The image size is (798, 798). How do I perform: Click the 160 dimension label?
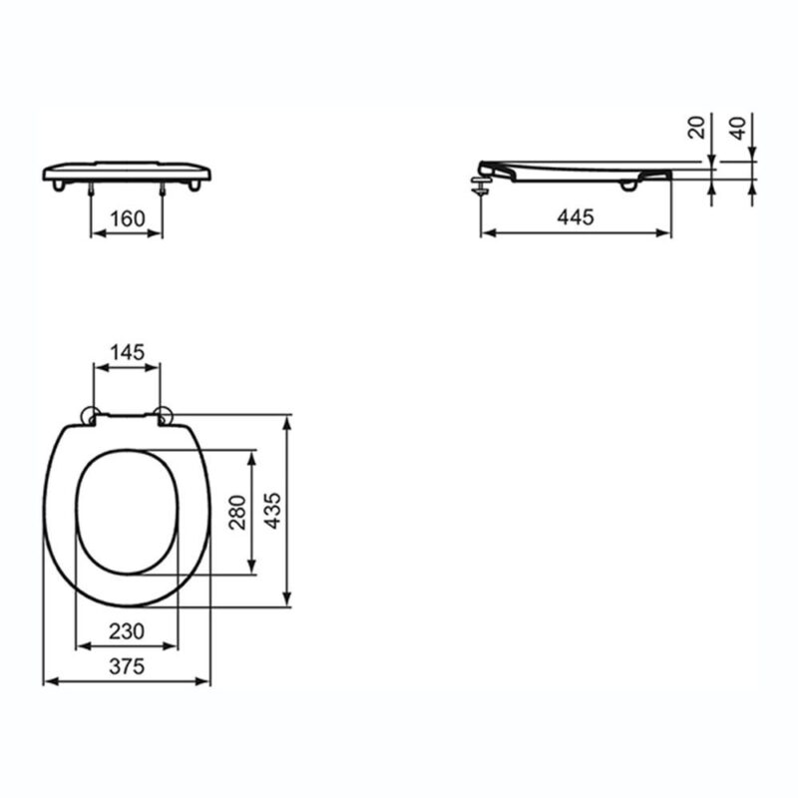[128, 218]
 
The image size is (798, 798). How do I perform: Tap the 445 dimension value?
[576, 217]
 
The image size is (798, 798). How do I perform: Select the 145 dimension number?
[128, 352]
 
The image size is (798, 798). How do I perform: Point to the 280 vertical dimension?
[237, 513]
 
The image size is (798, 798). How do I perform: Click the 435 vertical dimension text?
[272, 511]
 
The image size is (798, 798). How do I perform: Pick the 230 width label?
[127, 631]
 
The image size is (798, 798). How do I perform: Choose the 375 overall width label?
[127, 666]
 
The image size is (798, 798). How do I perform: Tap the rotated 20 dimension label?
[695, 128]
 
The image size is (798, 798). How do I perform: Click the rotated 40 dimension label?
[737, 128]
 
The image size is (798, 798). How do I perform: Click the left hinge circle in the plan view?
[90, 416]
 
